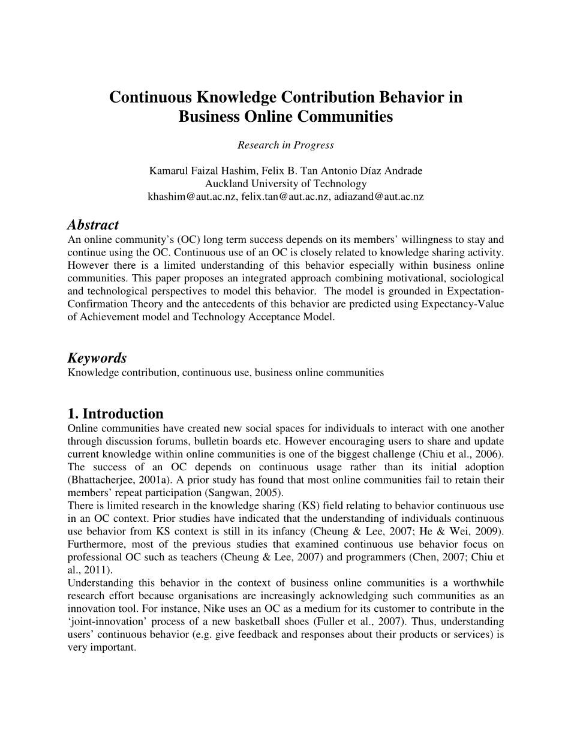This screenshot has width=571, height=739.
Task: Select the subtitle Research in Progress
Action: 285,145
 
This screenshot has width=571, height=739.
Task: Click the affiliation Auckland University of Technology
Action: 285,184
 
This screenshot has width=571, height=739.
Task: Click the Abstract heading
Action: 93,225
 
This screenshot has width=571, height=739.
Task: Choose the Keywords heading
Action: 97,358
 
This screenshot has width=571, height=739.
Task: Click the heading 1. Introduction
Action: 115,414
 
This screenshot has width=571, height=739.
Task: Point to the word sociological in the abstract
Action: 477,278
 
